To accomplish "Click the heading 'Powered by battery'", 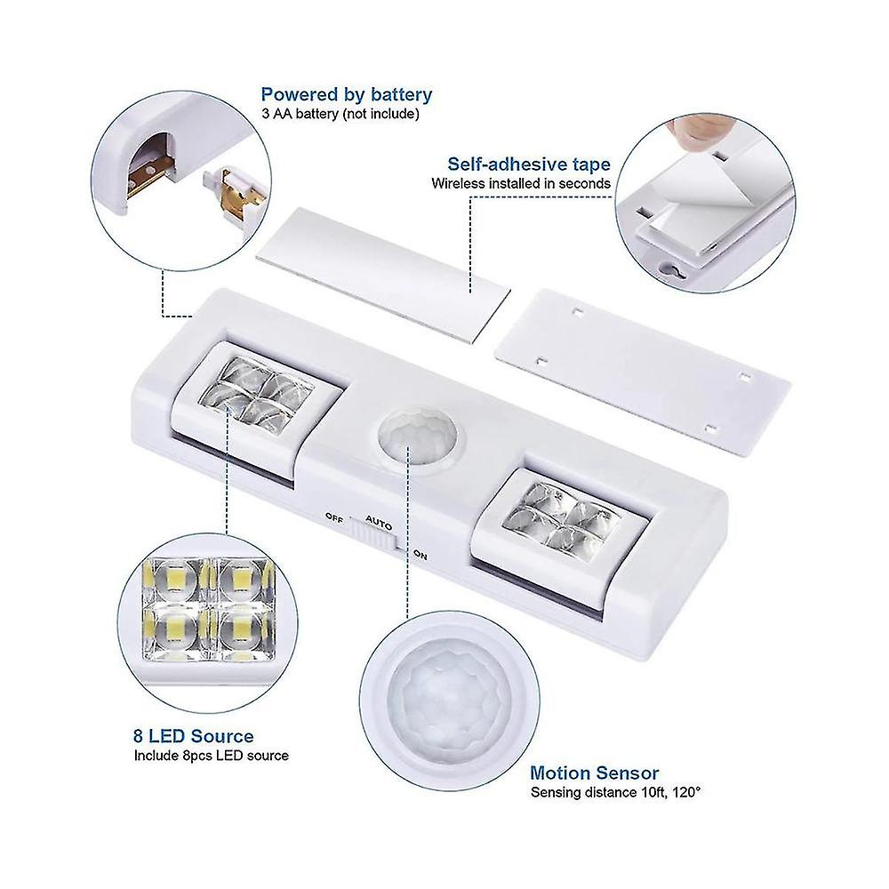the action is [x=347, y=95].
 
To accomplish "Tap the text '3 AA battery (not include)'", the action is [x=340, y=114].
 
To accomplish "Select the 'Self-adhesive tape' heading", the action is [x=529, y=164].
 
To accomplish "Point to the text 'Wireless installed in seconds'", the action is [x=521, y=184].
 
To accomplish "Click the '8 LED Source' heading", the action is [x=193, y=736].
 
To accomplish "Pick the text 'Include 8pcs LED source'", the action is [x=212, y=756].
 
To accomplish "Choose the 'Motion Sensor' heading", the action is [x=594, y=773].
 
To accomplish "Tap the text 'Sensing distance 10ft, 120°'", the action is [x=616, y=792].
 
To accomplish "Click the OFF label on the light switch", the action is [x=334, y=517].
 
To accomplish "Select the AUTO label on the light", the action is [x=379, y=523].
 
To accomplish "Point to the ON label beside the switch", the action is [x=420, y=555].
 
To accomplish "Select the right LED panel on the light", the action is [x=558, y=520].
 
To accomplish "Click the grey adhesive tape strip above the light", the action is [x=383, y=273].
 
